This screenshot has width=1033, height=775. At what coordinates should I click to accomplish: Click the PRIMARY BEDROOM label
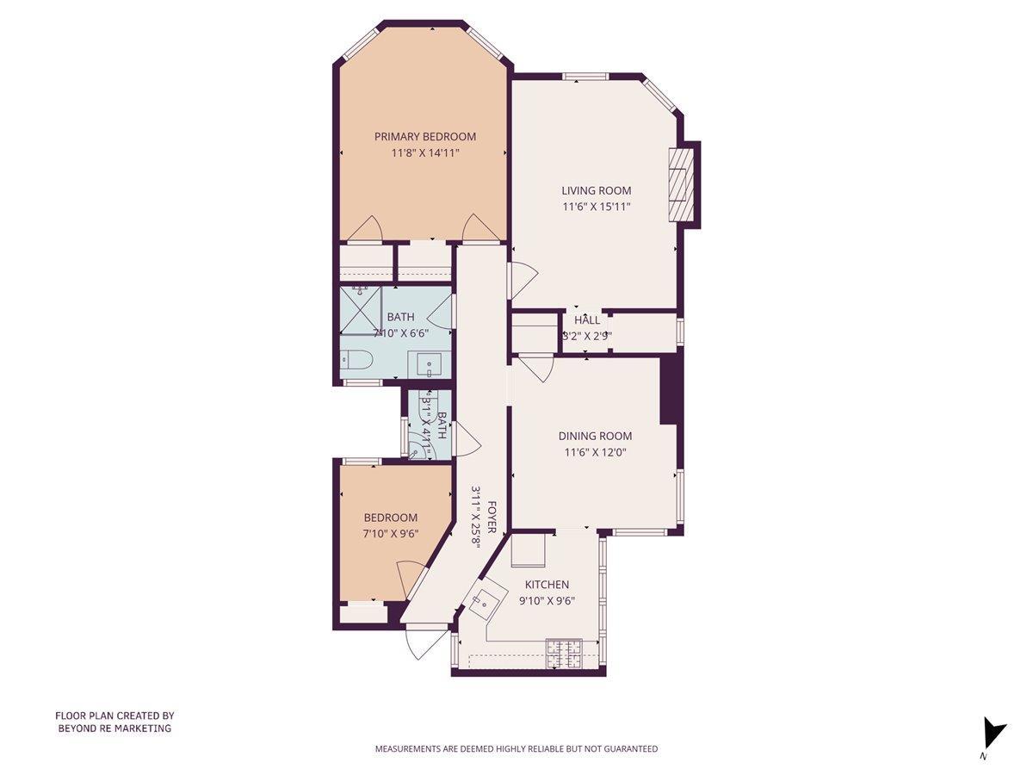click(x=424, y=136)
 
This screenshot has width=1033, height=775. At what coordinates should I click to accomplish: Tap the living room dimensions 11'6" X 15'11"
click(x=597, y=207)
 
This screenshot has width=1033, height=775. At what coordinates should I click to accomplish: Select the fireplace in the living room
click(x=681, y=186)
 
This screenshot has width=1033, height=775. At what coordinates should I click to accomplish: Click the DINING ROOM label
click(x=595, y=436)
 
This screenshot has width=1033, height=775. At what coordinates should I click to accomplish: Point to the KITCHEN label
click(x=547, y=585)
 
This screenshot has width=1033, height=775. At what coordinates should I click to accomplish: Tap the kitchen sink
click(x=484, y=601)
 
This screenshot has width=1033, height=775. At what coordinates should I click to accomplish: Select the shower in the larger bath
click(x=361, y=310)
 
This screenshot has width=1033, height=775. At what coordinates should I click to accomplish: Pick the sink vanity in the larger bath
click(x=430, y=364)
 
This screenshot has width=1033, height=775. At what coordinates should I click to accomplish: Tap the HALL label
click(x=587, y=320)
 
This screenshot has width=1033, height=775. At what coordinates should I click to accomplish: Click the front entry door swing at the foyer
click(x=424, y=642)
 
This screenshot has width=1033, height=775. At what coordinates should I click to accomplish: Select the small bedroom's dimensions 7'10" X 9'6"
click(x=390, y=533)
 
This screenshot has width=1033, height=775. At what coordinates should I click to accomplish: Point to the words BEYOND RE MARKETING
click(x=114, y=728)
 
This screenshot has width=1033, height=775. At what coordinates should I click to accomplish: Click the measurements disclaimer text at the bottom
click(x=516, y=749)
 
